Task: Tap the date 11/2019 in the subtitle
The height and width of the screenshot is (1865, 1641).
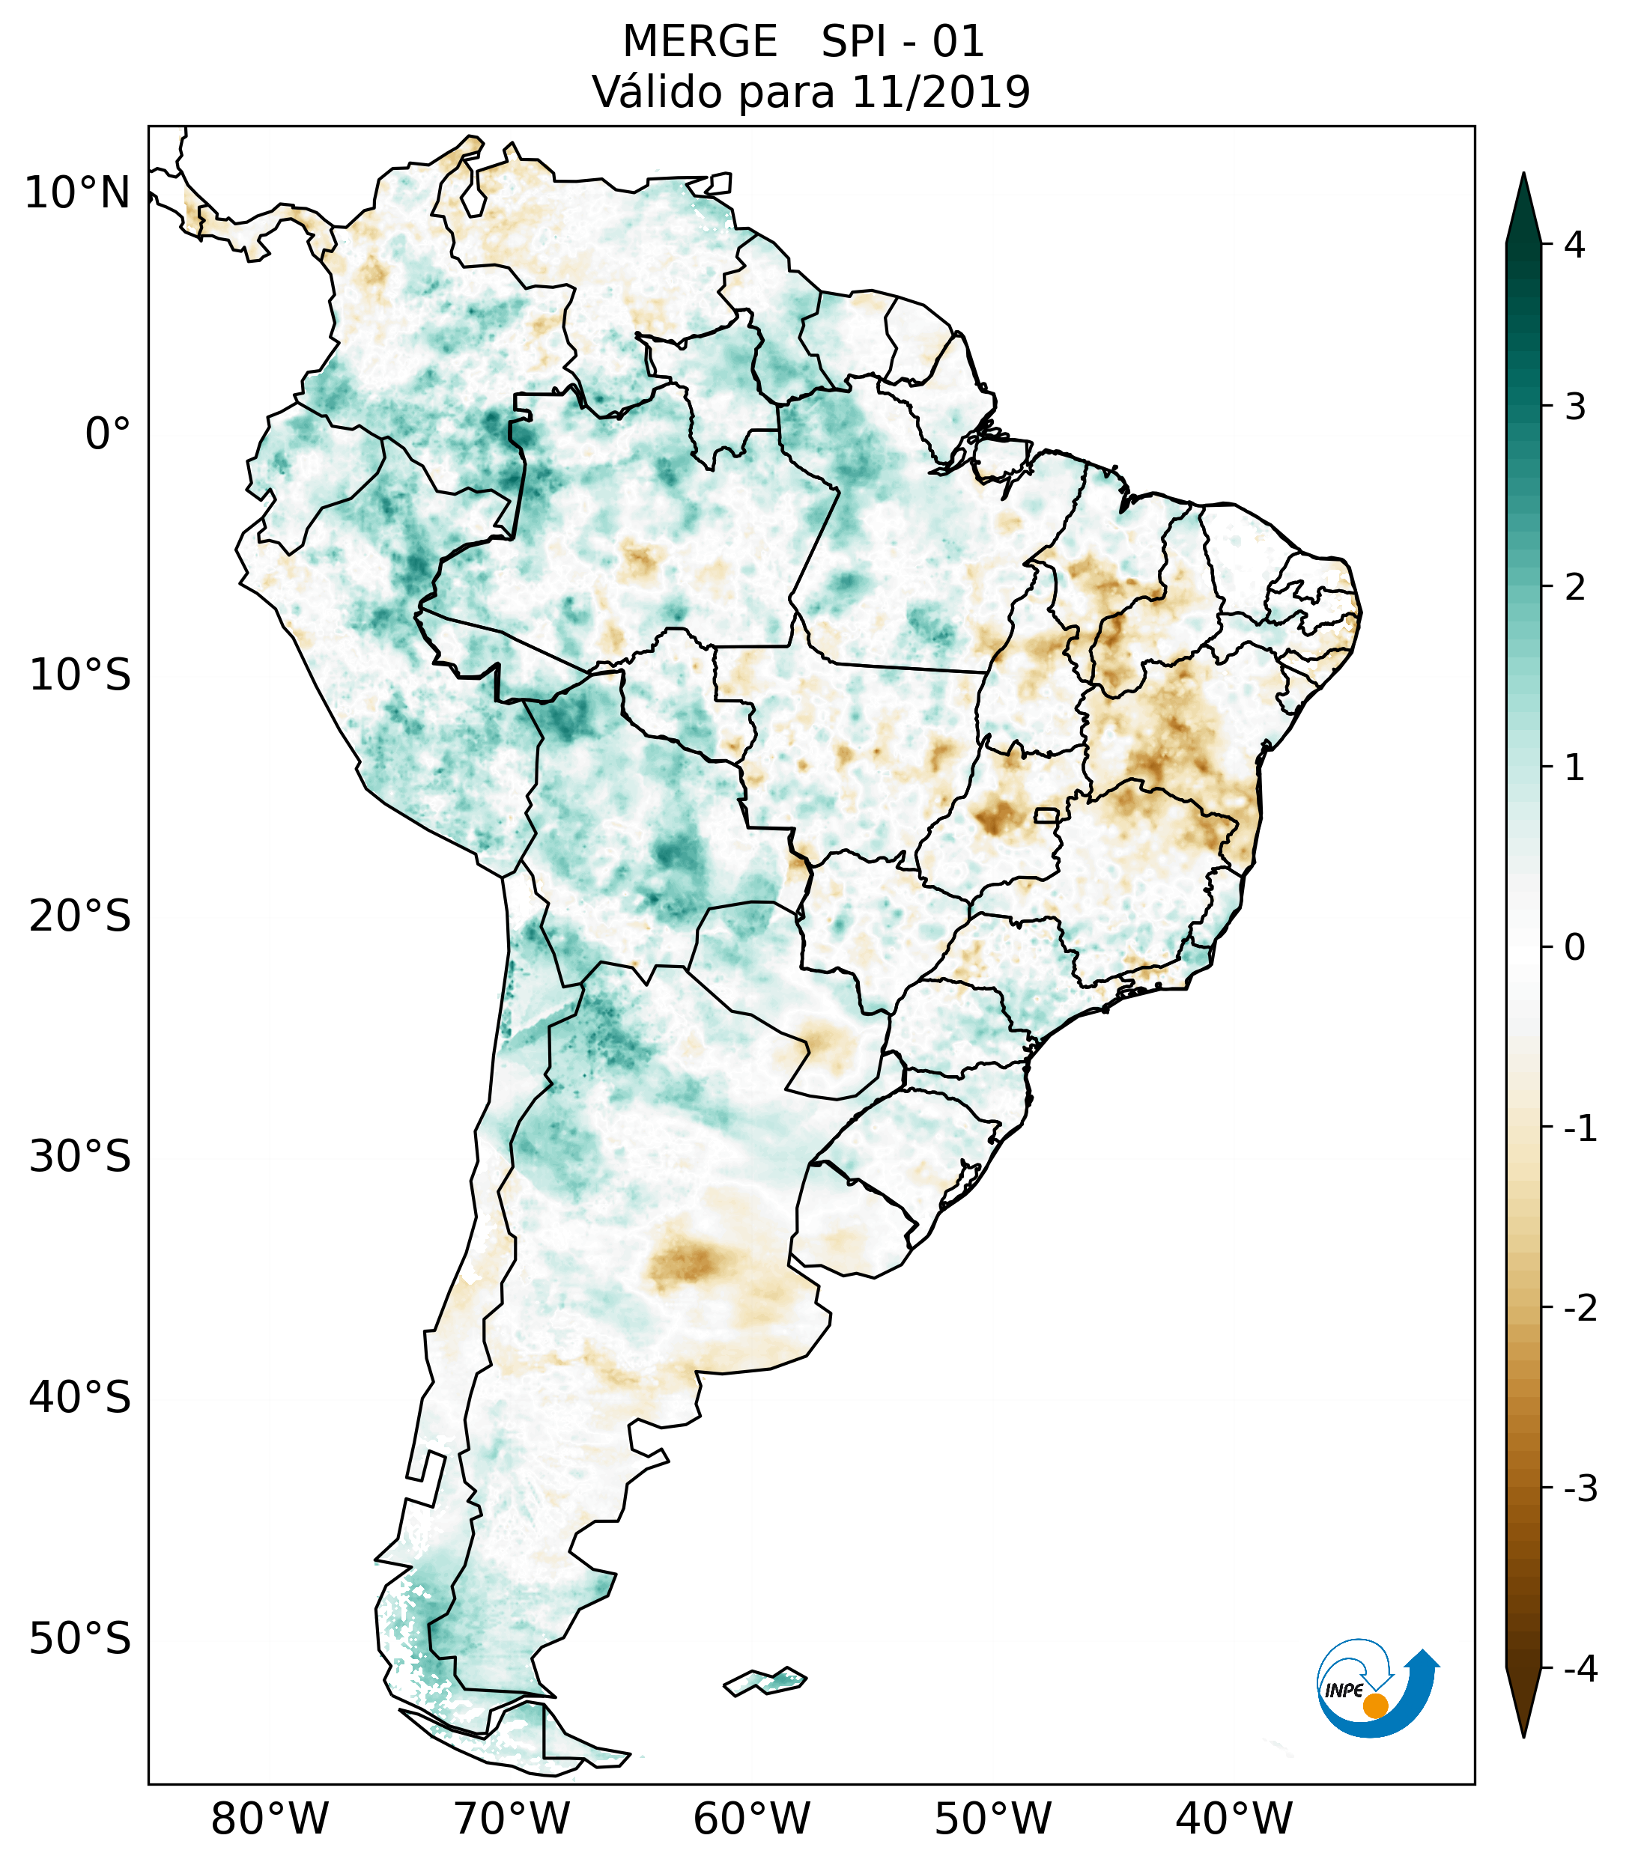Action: [940, 92]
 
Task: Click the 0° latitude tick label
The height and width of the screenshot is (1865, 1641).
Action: [107, 434]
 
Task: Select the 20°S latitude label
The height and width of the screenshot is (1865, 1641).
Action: [80, 916]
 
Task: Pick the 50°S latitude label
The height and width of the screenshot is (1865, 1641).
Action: [80, 1640]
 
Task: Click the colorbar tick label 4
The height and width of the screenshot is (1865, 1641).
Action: [1574, 245]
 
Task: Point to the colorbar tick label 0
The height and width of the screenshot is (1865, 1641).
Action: [1574, 948]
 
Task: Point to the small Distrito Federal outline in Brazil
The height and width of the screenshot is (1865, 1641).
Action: [1047, 815]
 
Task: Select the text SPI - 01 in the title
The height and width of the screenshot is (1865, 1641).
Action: [903, 42]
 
